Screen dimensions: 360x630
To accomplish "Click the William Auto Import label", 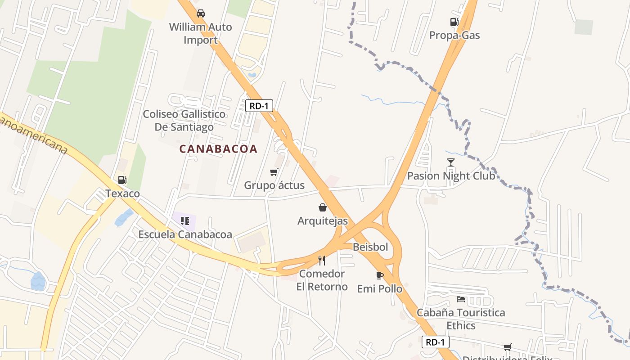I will (200, 33).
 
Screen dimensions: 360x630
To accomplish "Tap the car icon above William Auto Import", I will (201, 13).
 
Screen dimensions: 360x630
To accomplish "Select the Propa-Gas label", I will (454, 35).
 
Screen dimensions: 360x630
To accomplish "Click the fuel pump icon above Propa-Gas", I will (454, 22).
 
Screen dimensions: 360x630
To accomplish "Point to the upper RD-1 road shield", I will (259, 106).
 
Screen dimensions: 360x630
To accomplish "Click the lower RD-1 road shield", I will (436, 342).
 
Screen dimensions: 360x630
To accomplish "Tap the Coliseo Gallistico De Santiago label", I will (184, 121).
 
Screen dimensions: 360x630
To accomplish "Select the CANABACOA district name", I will (218, 149).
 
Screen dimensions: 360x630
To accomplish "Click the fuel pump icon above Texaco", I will (122, 180).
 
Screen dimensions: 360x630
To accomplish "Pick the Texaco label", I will (122, 193).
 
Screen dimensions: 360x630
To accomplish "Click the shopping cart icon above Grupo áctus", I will (274, 172).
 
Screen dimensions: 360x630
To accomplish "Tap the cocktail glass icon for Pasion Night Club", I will (450, 162).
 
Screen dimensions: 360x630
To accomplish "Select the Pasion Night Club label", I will (451, 175).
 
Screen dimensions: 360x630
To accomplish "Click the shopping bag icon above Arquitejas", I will (322, 207).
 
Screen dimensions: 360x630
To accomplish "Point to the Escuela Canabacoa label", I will (185, 234).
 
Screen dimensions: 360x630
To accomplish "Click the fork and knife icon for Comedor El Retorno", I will (321, 260).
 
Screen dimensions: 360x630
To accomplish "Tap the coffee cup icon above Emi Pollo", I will (379, 275).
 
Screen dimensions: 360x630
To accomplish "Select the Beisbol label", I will (370, 247).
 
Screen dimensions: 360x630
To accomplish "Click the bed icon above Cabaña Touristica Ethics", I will (460, 299).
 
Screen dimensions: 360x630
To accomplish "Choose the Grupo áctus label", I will (274, 185).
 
